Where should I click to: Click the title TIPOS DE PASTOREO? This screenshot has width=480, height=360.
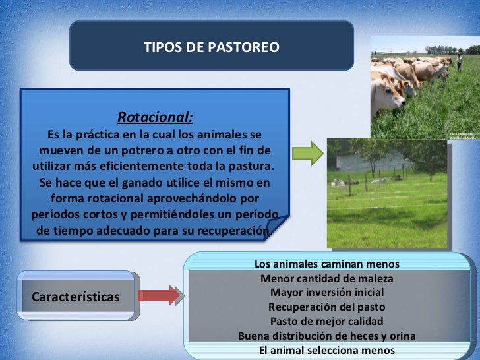click(211, 47)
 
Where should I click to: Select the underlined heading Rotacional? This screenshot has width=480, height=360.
click(155, 118)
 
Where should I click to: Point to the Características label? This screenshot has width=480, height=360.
click(76, 297)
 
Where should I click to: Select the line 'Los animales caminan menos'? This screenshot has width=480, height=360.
click(326, 264)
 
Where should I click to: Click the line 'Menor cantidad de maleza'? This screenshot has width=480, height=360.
click(326, 279)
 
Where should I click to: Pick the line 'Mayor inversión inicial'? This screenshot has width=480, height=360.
click(326, 293)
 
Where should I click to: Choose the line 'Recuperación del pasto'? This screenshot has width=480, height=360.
click(326, 307)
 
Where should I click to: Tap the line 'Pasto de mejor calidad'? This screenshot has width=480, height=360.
click(326, 322)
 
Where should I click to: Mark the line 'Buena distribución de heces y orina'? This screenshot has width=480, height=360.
click(326, 336)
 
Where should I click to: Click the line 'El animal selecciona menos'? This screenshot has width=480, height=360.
click(326, 350)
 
